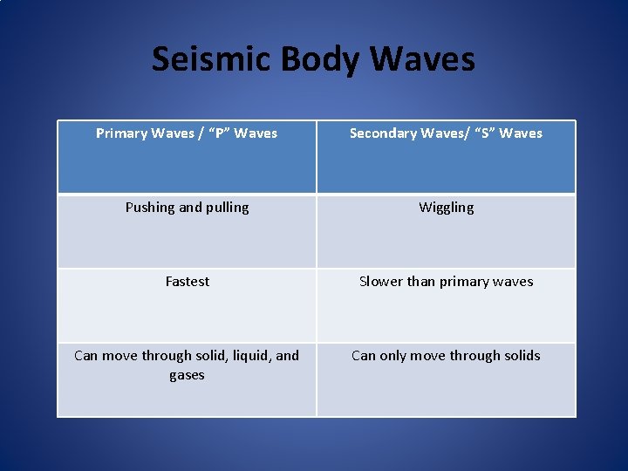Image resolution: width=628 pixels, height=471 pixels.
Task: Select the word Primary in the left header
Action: pos(120,133)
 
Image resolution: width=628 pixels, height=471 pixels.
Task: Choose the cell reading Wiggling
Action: pos(447,208)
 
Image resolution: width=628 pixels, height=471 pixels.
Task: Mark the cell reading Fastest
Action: pos(188,282)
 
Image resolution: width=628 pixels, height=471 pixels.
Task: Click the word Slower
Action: pos(381,282)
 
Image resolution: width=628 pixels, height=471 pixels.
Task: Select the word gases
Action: pos(187,375)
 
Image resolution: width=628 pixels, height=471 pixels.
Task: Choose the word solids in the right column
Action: pos(521,356)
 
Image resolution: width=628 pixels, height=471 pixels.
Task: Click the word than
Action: pos(421,282)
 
